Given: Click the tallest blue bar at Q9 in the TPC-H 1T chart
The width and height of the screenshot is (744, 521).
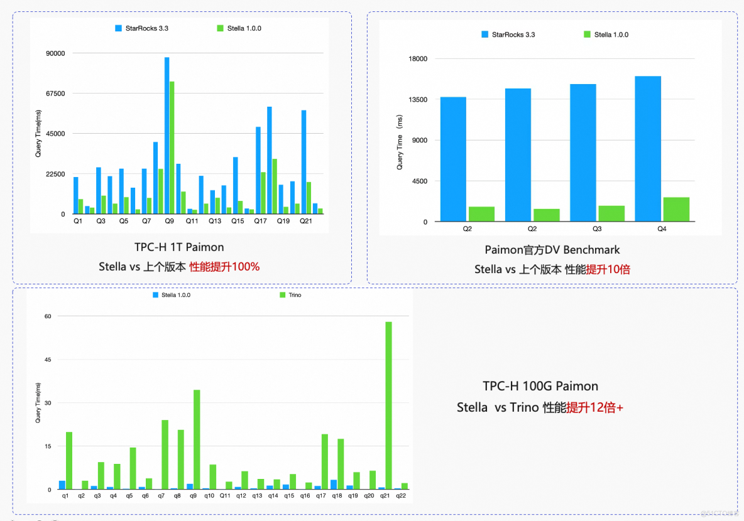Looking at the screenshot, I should (167, 136).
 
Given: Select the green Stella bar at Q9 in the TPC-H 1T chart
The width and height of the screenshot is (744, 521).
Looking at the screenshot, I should (172, 148).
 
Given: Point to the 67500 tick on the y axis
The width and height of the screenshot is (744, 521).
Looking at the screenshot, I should (56, 94).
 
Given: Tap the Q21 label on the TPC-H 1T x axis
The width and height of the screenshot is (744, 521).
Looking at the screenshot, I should (305, 222).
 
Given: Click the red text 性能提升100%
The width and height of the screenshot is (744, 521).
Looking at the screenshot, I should (225, 267).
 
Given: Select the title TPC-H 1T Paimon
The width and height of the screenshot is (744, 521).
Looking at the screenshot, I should (179, 247).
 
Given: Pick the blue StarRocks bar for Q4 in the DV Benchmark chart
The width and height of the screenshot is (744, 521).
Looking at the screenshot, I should (648, 149).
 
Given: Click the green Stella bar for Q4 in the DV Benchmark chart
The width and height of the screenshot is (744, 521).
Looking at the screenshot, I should (676, 209).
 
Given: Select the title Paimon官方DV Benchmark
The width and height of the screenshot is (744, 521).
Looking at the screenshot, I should (552, 250).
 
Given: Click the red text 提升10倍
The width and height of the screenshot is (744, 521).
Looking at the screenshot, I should (608, 269).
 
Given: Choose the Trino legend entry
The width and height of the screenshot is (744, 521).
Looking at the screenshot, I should (290, 295).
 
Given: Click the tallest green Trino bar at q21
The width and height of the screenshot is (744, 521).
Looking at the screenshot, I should (388, 406).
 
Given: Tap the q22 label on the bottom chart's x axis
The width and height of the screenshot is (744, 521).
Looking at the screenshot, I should (401, 496).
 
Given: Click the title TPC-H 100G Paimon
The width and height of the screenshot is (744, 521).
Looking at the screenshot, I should (540, 386).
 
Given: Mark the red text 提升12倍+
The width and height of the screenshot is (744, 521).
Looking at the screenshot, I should (594, 407).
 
